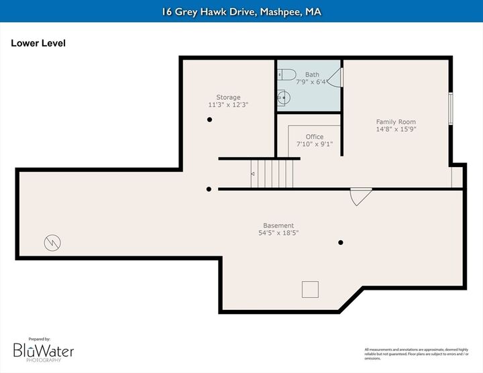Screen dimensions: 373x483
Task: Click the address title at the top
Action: pyautogui.click(x=241, y=11)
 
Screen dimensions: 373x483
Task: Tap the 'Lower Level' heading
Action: pyautogui.click(x=38, y=44)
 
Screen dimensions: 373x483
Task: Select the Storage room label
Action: pyautogui.click(x=228, y=97)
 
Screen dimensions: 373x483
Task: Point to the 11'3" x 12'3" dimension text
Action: pyautogui.click(x=228, y=105)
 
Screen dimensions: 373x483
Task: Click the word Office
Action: pyautogui.click(x=315, y=137)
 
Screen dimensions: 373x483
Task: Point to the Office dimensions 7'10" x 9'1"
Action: pyautogui.click(x=315, y=144)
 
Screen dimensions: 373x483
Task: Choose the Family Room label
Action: pyautogui.click(x=396, y=121)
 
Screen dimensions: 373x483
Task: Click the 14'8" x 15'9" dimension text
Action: pyautogui.click(x=396, y=129)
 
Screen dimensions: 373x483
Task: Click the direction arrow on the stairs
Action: pyautogui.click(x=253, y=174)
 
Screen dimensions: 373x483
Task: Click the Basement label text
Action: pyautogui.click(x=278, y=225)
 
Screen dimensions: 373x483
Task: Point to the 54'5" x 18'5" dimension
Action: pyautogui.click(x=278, y=233)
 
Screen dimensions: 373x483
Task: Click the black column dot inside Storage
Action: pyautogui.click(x=210, y=119)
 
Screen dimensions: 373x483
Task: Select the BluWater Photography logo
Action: pyautogui.click(x=44, y=350)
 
